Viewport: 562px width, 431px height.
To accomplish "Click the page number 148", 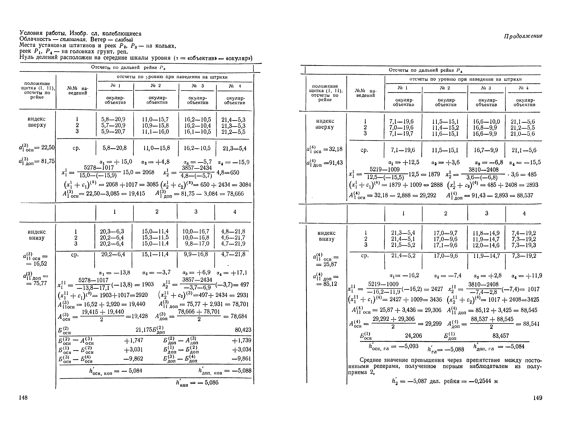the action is coord(23,397).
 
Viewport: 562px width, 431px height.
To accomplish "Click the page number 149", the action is coord(538,398).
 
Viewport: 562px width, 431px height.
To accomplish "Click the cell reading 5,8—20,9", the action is coord(113,119).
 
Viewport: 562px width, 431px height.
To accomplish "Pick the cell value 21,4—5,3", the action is coord(233,120).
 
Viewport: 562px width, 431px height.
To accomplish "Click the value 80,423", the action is coord(243,329).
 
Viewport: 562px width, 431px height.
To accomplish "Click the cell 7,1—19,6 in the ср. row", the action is coord(403,150).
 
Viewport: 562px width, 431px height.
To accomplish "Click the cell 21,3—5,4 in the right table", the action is coord(403,233).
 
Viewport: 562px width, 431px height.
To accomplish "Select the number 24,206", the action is coord(413,336).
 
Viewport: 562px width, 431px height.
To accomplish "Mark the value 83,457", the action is coord(501,336).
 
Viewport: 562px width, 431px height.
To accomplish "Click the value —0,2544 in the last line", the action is coord(480,381).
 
